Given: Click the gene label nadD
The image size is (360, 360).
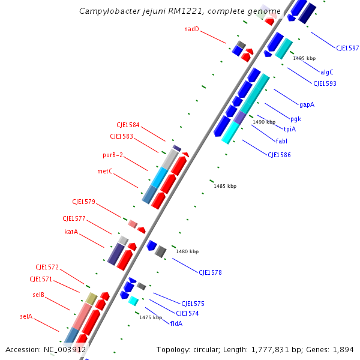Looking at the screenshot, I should coord(191,29).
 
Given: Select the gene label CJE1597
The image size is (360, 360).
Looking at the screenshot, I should coord(347,48).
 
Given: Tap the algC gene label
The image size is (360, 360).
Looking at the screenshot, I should coord(327,72).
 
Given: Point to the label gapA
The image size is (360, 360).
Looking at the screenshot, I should coord(307,104).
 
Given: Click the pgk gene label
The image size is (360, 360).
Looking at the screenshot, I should coord(295,119).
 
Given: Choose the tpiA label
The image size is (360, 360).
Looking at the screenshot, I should coord(290,129).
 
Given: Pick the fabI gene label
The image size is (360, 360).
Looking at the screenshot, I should coord(281,141).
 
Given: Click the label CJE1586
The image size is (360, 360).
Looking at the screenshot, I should coord(279,155).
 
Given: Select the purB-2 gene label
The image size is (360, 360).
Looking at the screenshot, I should coord(113,155).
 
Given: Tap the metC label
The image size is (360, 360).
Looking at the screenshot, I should coord(105,171).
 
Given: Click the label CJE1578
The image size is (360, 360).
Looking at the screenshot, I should coord(210,272).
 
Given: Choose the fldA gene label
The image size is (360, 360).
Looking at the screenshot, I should coord(176,323).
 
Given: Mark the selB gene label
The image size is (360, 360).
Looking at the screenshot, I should coord(38,295).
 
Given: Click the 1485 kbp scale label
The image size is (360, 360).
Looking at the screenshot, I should coord(225,187).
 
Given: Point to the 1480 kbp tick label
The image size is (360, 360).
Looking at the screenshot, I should coord(187,252).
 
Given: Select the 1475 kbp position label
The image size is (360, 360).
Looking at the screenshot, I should coord(151,317).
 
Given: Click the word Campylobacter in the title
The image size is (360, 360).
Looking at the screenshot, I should coord(106,11).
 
